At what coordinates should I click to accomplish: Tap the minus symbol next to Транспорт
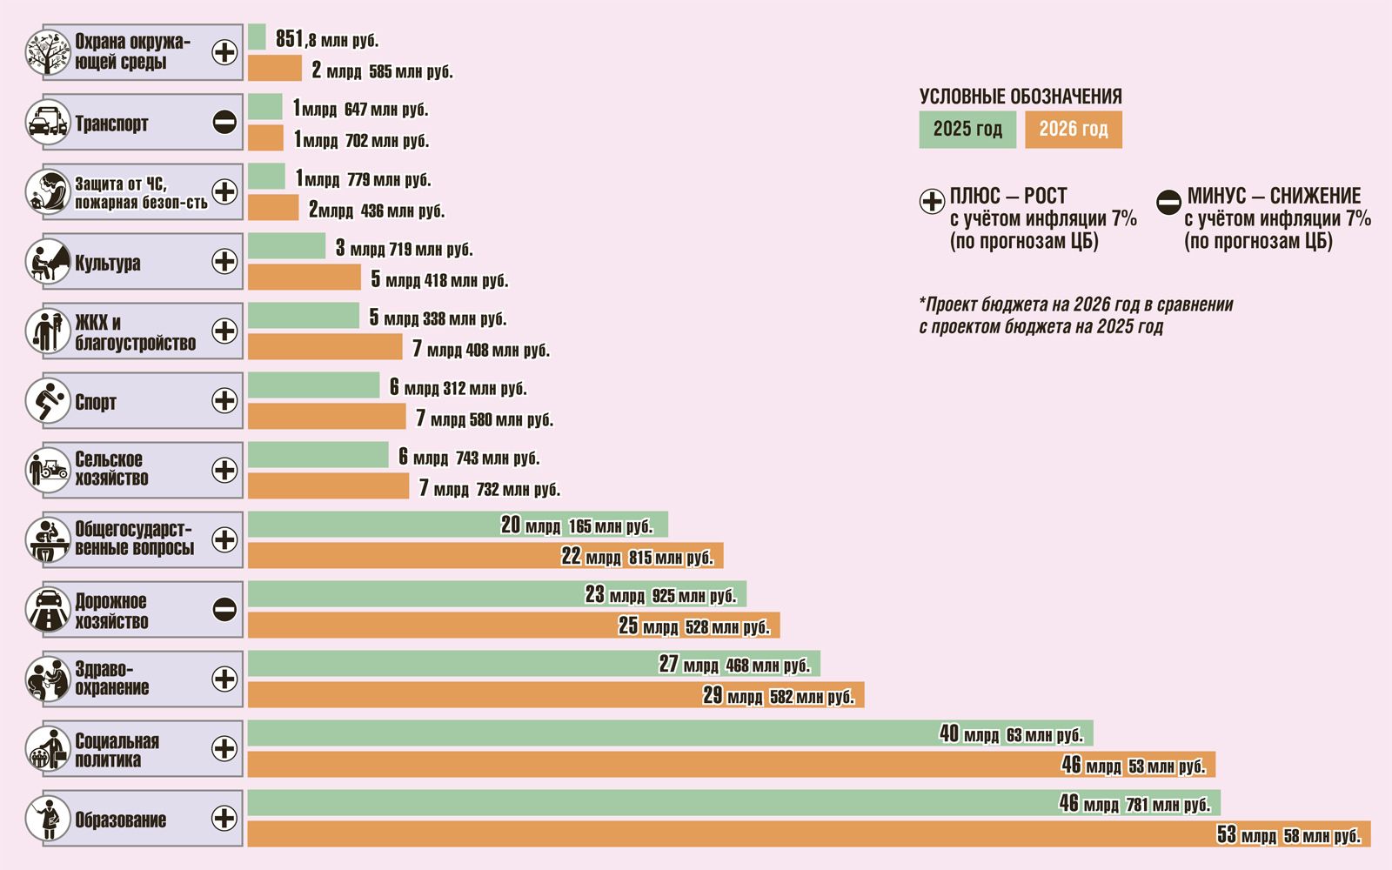pyautogui.click(x=224, y=122)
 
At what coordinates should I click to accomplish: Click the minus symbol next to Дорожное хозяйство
pyautogui.click(x=224, y=609)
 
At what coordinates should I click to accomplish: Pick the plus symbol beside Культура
pyautogui.click(x=224, y=261)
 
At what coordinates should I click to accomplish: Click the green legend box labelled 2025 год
pyautogui.click(x=967, y=130)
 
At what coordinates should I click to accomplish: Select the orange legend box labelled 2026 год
pyautogui.click(x=1074, y=130)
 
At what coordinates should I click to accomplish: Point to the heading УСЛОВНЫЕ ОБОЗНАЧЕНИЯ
pyautogui.click(x=1021, y=97)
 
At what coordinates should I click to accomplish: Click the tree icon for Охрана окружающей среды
pyautogui.click(x=47, y=52)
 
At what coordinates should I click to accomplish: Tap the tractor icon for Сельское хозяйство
pyautogui.click(x=47, y=470)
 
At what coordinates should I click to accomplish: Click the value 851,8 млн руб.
pyautogui.click(x=327, y=39)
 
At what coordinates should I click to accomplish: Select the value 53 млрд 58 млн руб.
pyautogui.click(x=1288, y=835)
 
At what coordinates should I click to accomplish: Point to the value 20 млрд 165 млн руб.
pyautogui.click(x=576, y=525)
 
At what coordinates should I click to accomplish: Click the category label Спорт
pyautogui.click(x=96, y=402)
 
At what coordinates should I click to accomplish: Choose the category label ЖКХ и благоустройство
pyautogui.click(x=135, y=332)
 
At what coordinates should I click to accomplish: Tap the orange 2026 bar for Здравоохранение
pyautogui.click(x=470, y=695)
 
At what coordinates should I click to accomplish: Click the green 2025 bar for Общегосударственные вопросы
pyautogui.click(x=374, y=525)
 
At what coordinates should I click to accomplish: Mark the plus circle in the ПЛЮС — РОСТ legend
pyautogui.click(x=932, y=202)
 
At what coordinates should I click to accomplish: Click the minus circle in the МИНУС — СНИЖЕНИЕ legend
pyautogui.click(x=1168, y=202)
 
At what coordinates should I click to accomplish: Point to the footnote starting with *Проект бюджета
pyautogui.click(x=1075, y=315)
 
